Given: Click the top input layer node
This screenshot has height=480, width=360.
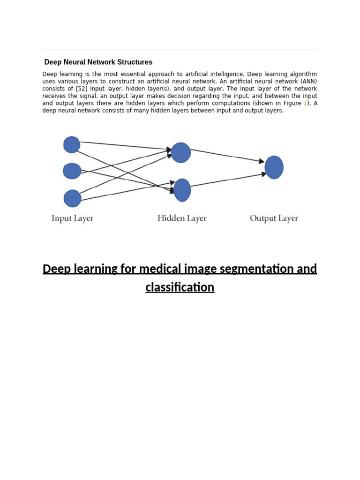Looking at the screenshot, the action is [72, 144].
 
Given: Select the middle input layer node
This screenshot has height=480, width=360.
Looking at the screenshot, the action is [72, 171].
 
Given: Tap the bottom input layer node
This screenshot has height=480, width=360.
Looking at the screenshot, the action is [73, 198].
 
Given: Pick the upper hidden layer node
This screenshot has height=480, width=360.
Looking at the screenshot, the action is [181, 153].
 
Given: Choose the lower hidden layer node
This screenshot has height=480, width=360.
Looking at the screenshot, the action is [182, 190].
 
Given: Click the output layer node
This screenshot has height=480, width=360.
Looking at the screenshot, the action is [274, 167].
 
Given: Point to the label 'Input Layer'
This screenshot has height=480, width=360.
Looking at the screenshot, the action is [72, 218].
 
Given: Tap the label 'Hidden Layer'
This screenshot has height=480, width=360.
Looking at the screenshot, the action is [182, 218].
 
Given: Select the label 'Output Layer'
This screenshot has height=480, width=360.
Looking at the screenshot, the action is [274, 218].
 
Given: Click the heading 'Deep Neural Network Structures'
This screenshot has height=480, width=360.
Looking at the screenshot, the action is [98, 62].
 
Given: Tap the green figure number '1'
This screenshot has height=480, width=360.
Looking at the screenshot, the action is [305, 103].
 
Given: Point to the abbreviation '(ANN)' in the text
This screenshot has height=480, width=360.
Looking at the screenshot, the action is [308, 82].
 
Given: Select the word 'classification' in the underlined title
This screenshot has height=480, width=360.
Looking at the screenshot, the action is [180, 287].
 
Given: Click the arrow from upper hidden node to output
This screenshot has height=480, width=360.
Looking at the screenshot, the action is [227, 156].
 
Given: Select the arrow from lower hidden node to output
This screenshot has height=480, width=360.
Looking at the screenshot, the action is [228, 180].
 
